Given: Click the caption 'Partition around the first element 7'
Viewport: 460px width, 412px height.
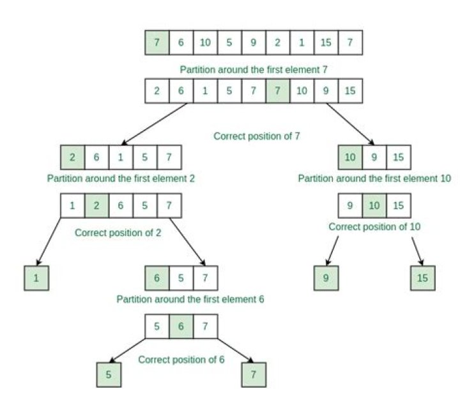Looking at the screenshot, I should pos(254,68).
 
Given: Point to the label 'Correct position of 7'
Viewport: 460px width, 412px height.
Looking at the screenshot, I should pos(256,136).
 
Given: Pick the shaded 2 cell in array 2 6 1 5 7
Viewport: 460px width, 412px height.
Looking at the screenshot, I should pos(73,157).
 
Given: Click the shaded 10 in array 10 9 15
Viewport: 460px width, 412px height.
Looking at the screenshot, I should pos(350,157).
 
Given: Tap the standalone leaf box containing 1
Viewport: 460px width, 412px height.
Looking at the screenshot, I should pos(36,278).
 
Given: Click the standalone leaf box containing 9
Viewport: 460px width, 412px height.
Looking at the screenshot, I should pos(326,278).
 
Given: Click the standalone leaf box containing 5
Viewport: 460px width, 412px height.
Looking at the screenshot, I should pos(109,375).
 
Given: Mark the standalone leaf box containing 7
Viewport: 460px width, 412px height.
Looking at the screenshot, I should pos(254,375).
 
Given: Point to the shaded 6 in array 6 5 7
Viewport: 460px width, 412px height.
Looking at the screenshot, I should pos(157,278).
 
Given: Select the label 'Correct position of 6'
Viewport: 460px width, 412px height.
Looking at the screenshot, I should pos(181,359).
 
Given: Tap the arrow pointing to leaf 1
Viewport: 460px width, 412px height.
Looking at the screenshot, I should pos(49,241).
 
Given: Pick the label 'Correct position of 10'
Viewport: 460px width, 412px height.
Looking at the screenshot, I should pos(374,226).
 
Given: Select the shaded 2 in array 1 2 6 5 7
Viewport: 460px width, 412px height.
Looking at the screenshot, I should pos(97,205).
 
